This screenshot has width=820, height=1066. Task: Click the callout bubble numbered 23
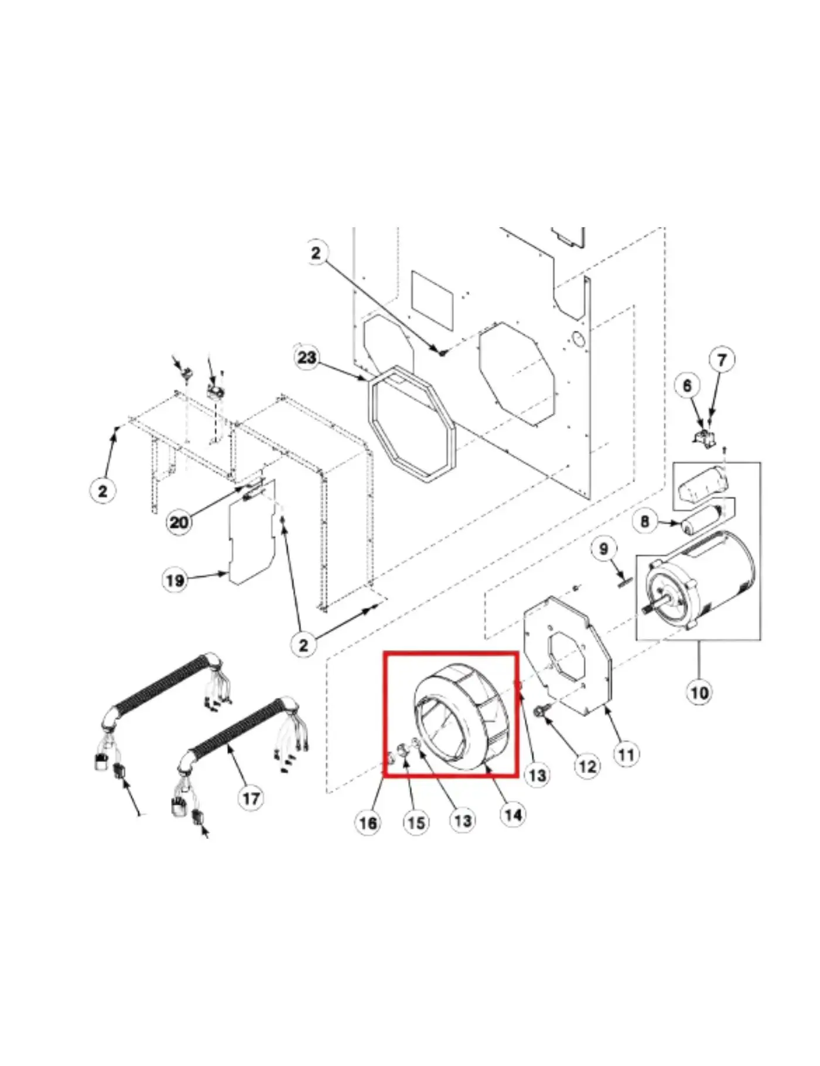[307, 357]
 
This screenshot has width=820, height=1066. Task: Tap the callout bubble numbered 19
[175, 580]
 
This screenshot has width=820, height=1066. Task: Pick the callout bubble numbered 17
[251, 798]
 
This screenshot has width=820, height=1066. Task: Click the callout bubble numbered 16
[368, 823]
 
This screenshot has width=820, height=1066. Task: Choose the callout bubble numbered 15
[416, 823]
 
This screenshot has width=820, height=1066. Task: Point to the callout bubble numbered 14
[513, 814]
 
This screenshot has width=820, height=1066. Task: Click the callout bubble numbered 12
[587, 766]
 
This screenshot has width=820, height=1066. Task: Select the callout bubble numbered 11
[626, 754]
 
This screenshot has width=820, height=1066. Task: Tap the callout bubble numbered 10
[699, 693]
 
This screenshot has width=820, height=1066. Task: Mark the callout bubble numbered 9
[603, 549]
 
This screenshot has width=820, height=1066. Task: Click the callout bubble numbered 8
[645, 521]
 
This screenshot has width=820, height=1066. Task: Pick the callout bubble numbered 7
[722, 360]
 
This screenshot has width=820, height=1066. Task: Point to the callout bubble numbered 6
[687, 385]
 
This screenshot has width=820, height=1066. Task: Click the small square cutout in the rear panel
[432, 299]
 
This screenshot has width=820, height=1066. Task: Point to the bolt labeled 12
[538, 712]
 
